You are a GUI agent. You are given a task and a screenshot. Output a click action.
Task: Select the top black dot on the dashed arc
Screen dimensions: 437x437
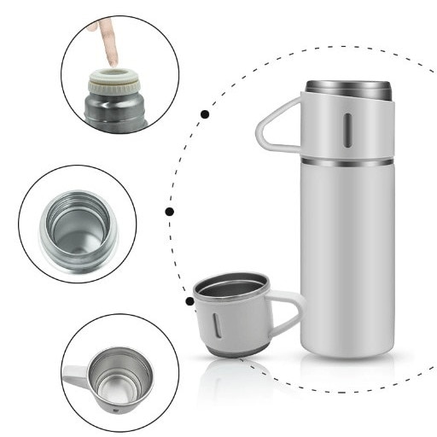205,114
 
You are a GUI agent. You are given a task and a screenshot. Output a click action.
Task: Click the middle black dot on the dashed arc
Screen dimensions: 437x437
170,211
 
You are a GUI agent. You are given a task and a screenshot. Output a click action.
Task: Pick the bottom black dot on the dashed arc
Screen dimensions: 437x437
189,300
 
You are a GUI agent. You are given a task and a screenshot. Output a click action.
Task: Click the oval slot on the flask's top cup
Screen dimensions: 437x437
347,130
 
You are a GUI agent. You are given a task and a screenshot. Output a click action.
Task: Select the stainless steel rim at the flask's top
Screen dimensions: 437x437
347,88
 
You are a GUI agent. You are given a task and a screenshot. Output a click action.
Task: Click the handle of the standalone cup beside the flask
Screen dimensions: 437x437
290,312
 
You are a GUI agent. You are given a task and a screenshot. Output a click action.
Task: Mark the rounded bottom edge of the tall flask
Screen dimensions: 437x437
347,352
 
